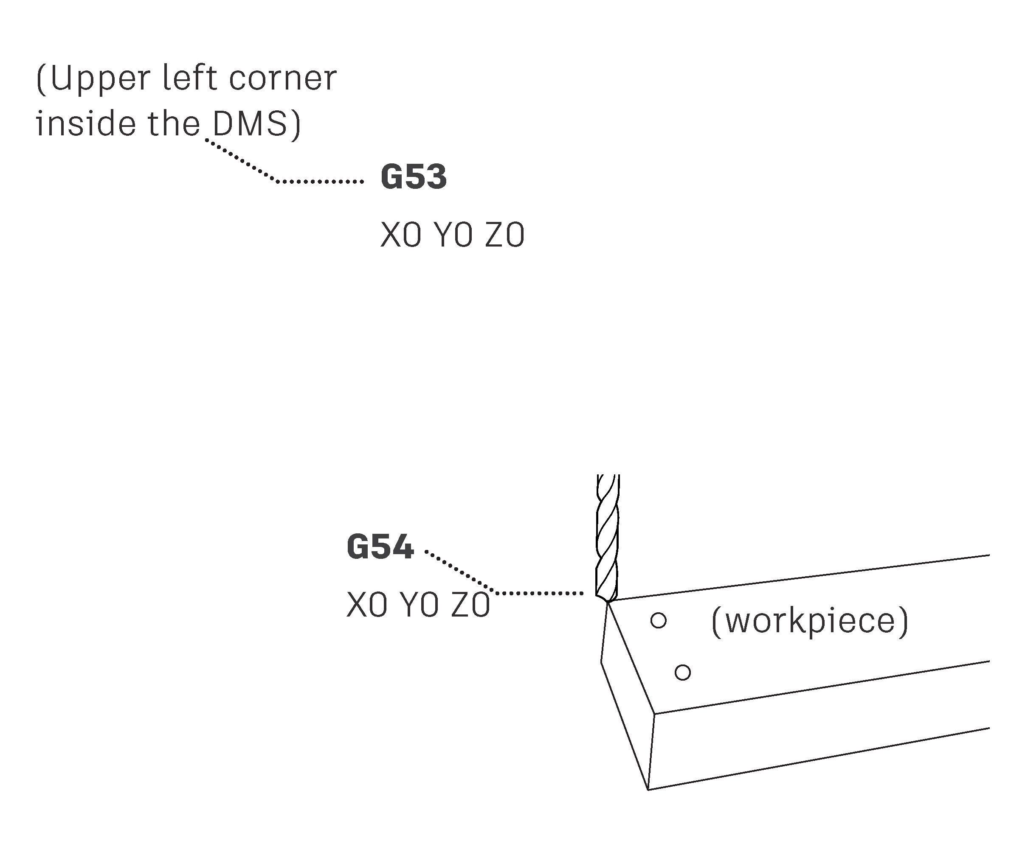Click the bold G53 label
pyautogui.click(x=414, y=177)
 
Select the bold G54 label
pyautogui.click(x=380, y=547)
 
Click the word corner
pyautogui.click(x=283, y=78)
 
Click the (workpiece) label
pyautogui.click(x=809, y=621)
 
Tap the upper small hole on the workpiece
pyautogui.click(x=658, y=620)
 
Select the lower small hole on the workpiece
pyautogui.click(x=683, y=672)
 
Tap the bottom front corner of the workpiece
pyautogui.click(x=648, y=790)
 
